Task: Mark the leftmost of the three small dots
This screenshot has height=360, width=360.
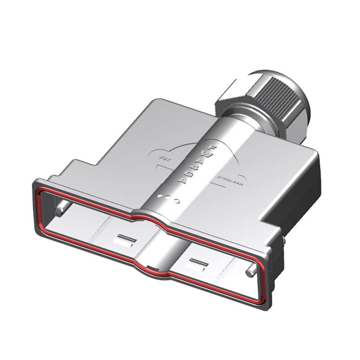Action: click(x=161, y=195)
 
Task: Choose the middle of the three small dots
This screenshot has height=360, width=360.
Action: click(x=169, y=198)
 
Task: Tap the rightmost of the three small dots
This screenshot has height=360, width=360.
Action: click(x=177, y=201)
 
